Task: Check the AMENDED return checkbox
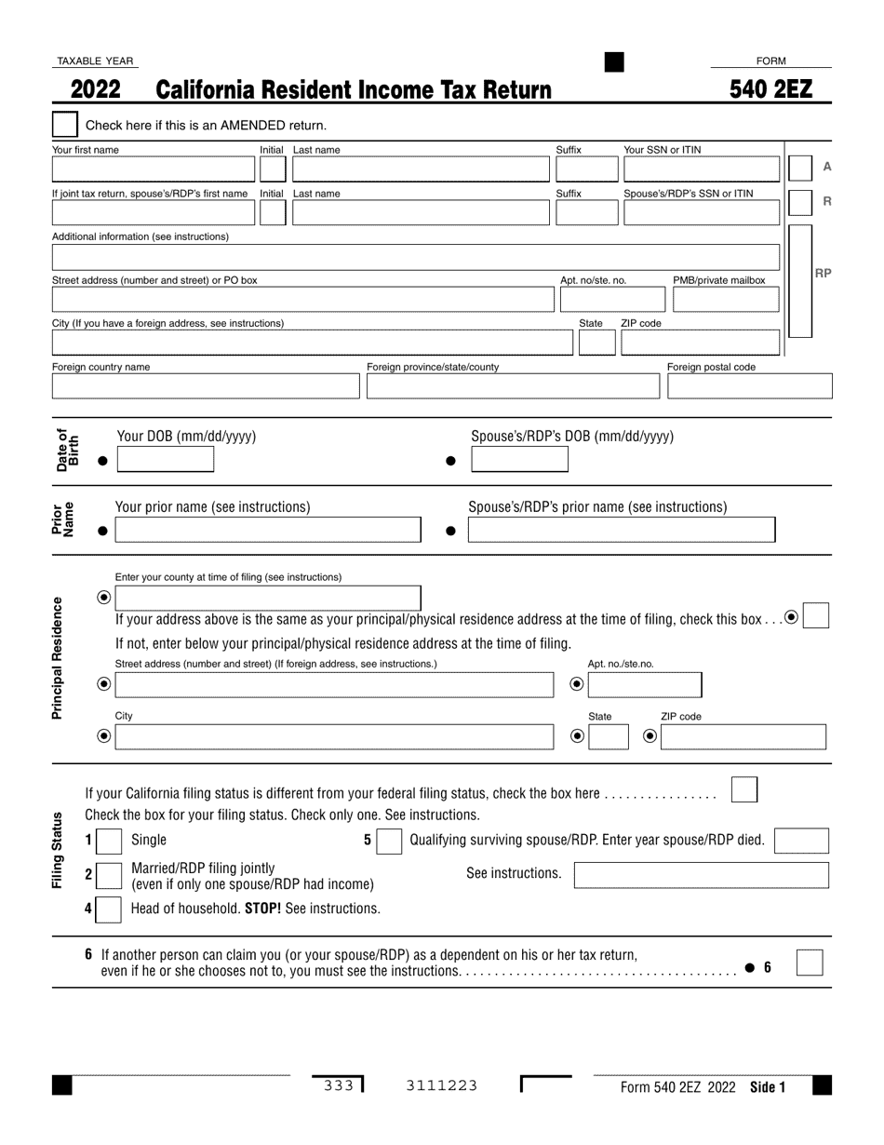pyautogui.click(x=65, y=125)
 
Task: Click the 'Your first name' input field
pyautogui.click(x=153, y=168)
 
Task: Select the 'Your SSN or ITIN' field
pyautogui.click(x=701, y=168)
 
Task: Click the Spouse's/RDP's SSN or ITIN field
pyautogui.click(x=701, y=213)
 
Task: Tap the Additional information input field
pyautogui.click(x=415, y=257)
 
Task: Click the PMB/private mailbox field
pyautogui.click(x=725, y=300)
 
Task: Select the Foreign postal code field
pyautogui.click(x=749, y=386)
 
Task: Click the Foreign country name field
pyautogui.click(x=205, y=386)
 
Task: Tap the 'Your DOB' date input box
pyautogui.click(x=165, y=460)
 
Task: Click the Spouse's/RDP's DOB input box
pyautogui.click(x=519, y=460)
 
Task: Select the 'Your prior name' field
pyautogui.click(x=267, y=531)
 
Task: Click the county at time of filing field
pyautogui.click(x=267, y=598)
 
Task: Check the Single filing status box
pyautogui.click(x=110, y=842)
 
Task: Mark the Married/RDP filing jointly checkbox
pyautogui.click(x=110, y=875)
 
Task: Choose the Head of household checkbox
pyautogui.click(x=110, y=909)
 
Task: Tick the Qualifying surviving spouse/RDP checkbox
pyautogui.click(x=389, y=842)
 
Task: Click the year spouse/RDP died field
pyautogui.click(x=800, y=842)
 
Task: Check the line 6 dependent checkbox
pyautogui.click(x=810, y=963)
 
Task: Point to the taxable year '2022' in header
pyautogui.click(x=95, y=89)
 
